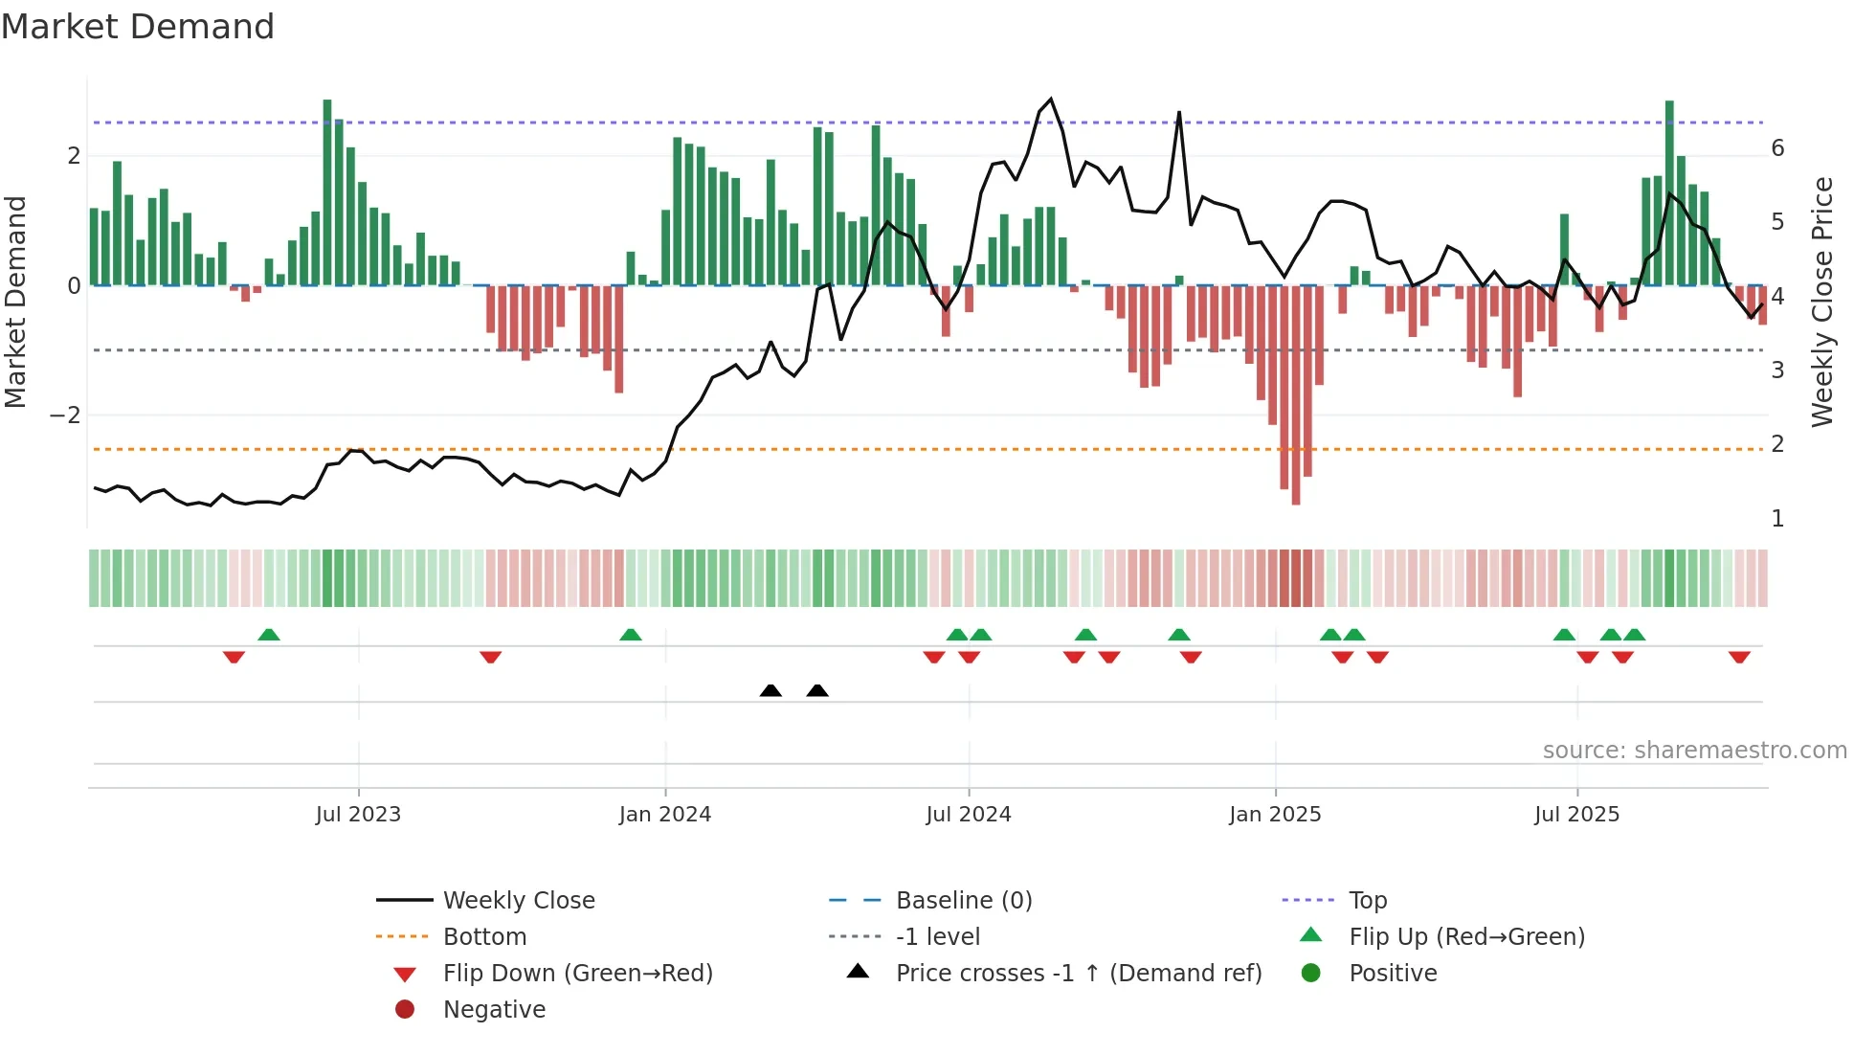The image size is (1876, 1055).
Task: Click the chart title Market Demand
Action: coord(138,27)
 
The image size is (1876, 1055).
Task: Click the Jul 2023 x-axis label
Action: coord(358,815)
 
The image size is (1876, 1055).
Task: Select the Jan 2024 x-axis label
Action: coord(664,815)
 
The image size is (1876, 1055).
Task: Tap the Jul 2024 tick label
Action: coord(968,815)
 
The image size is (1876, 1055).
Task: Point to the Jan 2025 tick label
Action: coord(1275,815)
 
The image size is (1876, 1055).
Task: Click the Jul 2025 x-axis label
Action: coord(1576,815)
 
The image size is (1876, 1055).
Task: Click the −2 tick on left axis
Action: coord(65,415)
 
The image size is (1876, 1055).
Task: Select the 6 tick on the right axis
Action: coord(1777,148)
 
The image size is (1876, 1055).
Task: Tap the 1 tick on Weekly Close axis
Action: coord(1777,519)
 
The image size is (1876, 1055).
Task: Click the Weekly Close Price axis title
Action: coord(1822,302)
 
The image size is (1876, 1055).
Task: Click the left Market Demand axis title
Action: coord(16,302)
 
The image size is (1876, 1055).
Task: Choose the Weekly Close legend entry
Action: coord(518,901)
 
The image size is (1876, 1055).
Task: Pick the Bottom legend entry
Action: coord(484,937)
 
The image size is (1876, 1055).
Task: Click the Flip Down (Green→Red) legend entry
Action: coord(577,974)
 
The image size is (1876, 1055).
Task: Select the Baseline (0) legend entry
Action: coord(963,901)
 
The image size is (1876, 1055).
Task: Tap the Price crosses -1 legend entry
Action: coord(1078,974)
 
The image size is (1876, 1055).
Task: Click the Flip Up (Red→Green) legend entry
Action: coord(1466,937)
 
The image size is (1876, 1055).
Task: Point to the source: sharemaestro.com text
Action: coord(1694,751)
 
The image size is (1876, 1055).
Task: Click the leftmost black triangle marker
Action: coord(770,690)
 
